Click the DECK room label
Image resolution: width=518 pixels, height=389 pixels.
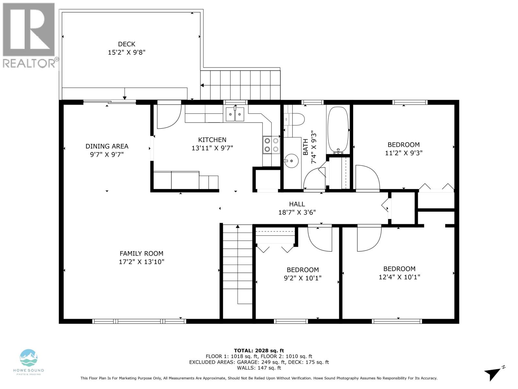(127, 44)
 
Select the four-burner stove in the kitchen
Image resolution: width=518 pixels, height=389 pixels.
(271, 145)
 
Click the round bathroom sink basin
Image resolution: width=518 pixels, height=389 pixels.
(291, 161)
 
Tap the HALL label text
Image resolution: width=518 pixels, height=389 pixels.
(297, 204)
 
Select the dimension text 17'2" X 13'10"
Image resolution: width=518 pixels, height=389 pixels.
(141, 262)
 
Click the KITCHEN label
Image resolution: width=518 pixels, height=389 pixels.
(212, 140)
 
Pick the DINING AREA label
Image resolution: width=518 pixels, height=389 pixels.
(107, 146)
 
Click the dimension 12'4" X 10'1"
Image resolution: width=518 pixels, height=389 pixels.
(399, 277)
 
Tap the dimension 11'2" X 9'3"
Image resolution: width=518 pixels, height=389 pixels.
(403, 153)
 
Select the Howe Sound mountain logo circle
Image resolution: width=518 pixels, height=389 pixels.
(28, 358)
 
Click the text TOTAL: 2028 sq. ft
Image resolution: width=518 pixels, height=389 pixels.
(259, 350)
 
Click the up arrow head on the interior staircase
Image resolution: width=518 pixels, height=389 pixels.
(238, 227)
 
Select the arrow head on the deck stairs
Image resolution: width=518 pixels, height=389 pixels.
(202, 85)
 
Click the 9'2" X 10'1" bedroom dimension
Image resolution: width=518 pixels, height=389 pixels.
(302, 278)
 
